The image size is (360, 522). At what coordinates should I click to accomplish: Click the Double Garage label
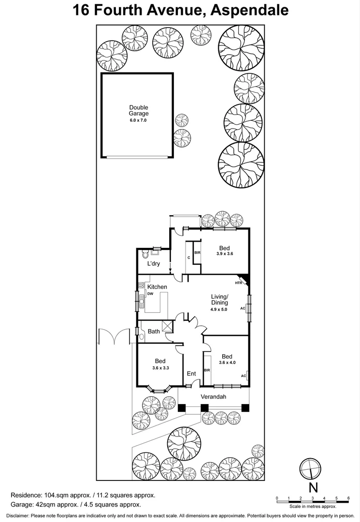[x=139, y=111]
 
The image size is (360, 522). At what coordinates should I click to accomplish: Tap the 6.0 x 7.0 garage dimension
[x=139, y=120]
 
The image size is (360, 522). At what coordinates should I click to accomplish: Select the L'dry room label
[x=154, y=263]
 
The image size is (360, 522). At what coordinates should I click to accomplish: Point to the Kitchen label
[x=157, y=287]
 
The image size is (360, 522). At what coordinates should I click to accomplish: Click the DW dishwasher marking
[x=150, y=294]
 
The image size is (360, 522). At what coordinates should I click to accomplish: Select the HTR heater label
[x=238, y=283]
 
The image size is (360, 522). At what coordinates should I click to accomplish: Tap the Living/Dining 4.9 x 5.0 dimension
[x=219, y=309]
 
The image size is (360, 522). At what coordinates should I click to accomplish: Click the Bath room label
[x=154, y=332]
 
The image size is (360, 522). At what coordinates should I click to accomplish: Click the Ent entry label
[x=191, y=373]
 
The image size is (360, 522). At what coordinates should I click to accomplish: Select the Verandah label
[x=214, y=397]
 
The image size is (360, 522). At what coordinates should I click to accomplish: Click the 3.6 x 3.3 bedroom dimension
[x=160, y=368]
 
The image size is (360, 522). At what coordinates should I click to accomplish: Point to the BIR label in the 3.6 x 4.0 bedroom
[x=207, y=370]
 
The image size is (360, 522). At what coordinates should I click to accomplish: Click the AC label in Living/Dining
[x=243, y=308]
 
